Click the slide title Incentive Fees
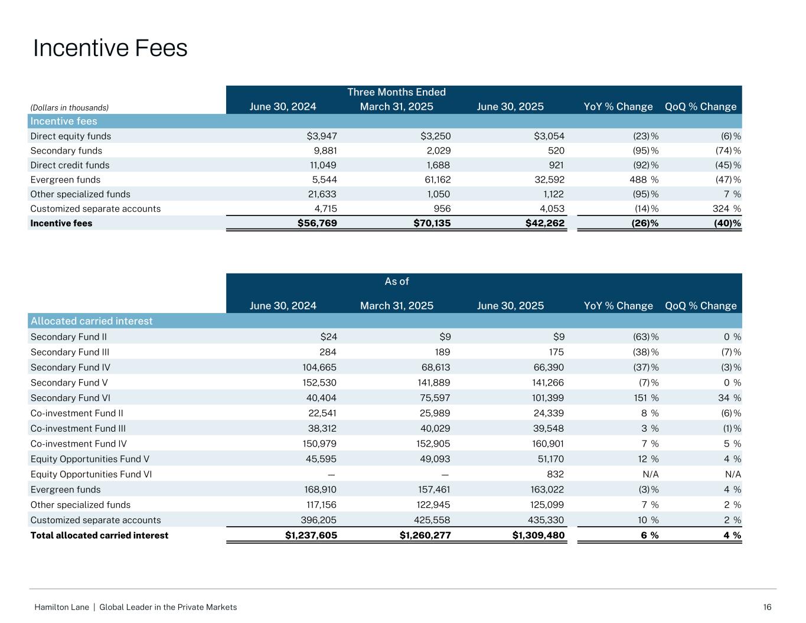tap(110, 48)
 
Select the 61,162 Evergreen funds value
tap(435, 180)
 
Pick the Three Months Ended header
tap(396, 92)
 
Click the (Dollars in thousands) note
tap(70, 107)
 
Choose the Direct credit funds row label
tap(70, 165)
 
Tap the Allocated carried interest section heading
tap(92, 321)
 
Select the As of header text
tap(397, 281)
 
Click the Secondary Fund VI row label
tap(70, 398)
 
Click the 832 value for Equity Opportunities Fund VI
tap(556, 474)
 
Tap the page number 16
tap(767, 607)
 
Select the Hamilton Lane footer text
tap(136, 607)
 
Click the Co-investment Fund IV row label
tap(79, 444)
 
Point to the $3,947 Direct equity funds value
tap(322, 136)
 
